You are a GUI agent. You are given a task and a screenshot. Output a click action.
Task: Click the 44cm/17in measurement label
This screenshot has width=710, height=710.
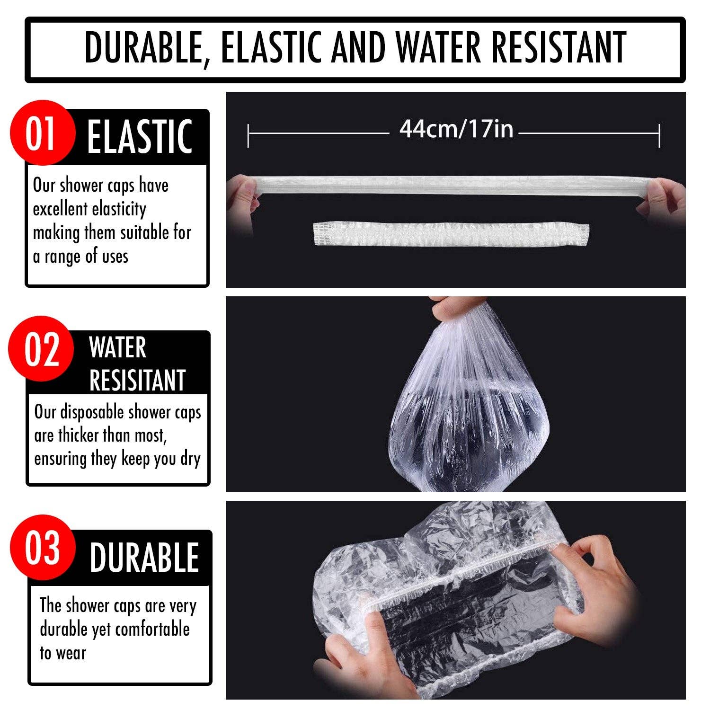pyautogui.click(x=456, y=129)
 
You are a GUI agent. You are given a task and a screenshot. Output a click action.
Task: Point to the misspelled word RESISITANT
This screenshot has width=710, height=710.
pyautogui.click(x=137, y=380)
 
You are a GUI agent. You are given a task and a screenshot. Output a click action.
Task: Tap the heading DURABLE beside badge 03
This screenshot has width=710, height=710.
pyautogui.click(x=144, y=558)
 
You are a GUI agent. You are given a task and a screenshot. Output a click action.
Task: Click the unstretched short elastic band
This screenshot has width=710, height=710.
pyautogui.click(x=451, y=234)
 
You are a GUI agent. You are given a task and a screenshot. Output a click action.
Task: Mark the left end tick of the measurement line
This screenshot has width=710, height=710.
pyautogui.click(x=248, y=134)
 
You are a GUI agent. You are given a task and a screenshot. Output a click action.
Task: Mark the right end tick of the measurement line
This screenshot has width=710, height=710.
pyautogui.click(x=659, y=134)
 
